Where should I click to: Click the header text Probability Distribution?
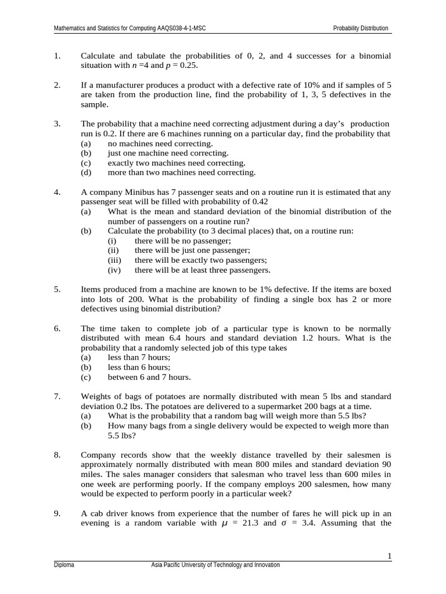click(x=360, y=28)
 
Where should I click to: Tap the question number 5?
click(x=57, y=289)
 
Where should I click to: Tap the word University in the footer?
click(x=195, y=565)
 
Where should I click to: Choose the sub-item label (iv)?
click(x=115, y=270)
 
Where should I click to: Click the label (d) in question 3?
click(x=85, y=172)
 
